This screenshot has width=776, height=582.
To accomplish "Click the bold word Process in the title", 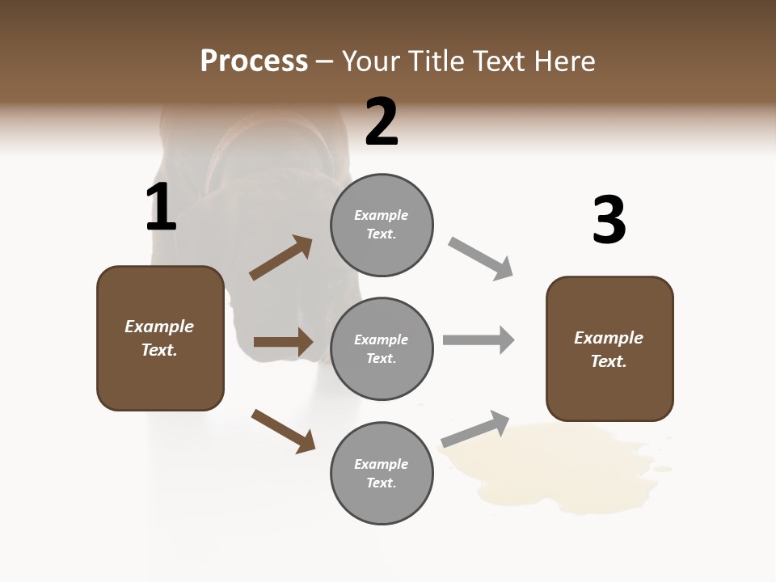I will (254, 61).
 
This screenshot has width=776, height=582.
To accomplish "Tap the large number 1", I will (161, 207).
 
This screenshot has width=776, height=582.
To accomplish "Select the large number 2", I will (382, 122).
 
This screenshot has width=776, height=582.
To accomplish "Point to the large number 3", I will (609, 221).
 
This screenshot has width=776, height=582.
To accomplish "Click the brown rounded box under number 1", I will (160, 338).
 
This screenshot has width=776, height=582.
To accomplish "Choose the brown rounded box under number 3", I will (609, 348).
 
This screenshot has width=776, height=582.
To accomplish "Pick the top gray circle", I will (382, 225).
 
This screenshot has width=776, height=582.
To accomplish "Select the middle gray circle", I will (382, 348).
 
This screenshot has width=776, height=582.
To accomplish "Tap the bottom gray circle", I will (382, 474).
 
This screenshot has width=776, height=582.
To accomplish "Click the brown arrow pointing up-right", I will (280, 258).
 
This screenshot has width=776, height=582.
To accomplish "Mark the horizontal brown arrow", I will (283, 342).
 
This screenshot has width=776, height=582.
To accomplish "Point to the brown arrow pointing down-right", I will (283, 431).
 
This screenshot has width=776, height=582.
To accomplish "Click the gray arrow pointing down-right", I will (480, 259).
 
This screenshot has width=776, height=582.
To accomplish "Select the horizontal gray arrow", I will (479, 339).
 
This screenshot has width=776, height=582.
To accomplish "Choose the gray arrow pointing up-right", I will (475, 429).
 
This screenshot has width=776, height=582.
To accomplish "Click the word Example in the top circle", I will (382, 215).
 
